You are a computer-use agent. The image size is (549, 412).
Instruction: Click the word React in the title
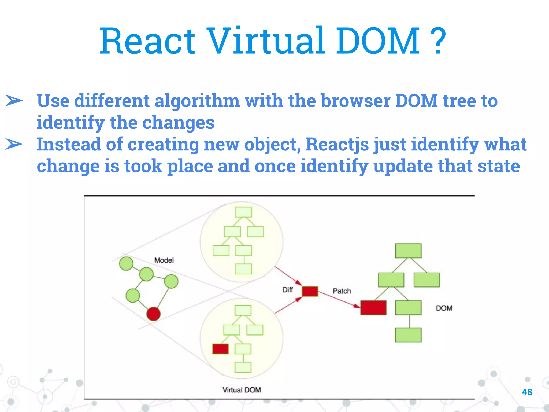(x=147, y=41)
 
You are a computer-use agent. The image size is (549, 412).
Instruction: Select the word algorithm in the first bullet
(x=197, y=101)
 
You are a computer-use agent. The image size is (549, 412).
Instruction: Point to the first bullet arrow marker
(x=14, y=101)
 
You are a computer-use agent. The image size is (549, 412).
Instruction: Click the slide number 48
(x=527, y=392)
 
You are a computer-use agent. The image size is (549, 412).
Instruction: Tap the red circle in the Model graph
(x=153, y=314)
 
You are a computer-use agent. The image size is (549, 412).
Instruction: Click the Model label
(x=164, y=260)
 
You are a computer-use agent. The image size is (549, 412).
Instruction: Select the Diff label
(x=287, y=290)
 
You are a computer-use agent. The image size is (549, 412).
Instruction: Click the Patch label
(x=342, y=291)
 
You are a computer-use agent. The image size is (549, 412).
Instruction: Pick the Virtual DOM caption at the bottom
(x=242, y=390)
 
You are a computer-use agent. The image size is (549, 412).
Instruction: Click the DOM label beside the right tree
(x=444, y=308)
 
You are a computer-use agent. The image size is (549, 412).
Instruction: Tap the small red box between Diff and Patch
(x=310, y=291)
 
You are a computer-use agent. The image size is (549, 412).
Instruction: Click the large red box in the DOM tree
(x=373, y=308)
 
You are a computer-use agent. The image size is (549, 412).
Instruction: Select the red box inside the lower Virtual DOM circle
(x=220, y=349)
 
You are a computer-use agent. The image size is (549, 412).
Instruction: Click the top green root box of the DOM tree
(x=408, y=251)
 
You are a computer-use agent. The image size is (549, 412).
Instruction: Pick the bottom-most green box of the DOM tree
(x=408, y=335)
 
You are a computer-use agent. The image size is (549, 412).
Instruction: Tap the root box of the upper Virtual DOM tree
(x=243, y=212)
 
